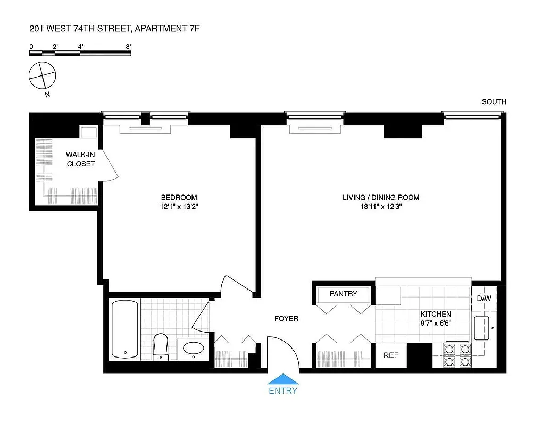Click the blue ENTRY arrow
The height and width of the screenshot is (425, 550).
pos(283,379)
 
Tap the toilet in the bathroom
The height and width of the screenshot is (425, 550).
pos(160,346)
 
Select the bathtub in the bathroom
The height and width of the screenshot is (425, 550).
pos(125,329)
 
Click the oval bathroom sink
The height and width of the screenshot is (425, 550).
pos(193,348)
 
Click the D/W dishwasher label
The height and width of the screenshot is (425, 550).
pos(484,299)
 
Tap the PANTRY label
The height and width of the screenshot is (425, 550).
pos(343,294)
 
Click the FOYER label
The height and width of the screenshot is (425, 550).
pos(286,319)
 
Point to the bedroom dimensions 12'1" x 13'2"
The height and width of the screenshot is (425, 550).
pos(179,207)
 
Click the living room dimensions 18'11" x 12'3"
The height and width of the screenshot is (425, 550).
pos(380,207)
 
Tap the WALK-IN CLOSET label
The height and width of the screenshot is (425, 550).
pos(81,159)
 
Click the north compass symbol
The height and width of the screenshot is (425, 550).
pos(42,75)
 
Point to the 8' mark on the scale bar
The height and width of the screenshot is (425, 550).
pos(128,47)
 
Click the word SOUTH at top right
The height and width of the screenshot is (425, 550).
pos(494,101)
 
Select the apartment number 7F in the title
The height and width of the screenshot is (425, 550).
pos(194,28)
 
